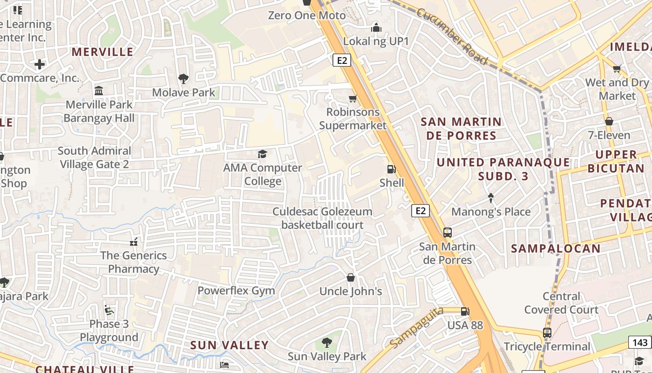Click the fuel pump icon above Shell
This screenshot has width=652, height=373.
point(392,169)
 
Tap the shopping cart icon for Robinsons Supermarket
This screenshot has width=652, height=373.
point(353,98)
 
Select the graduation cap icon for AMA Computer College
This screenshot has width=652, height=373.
point(263,154)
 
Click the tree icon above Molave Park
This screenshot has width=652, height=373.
point(183,78)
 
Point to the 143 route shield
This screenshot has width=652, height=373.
point(640,343)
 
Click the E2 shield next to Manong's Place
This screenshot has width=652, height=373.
point(420,211)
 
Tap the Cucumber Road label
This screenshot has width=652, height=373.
point(451,36)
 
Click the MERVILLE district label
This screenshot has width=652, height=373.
point(102,52)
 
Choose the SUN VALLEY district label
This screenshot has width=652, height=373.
point(230,345)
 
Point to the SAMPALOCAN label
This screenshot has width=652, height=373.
point(556,249)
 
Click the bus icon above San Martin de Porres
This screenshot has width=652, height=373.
point(447,232)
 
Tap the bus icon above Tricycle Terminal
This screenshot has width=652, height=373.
point(547,333)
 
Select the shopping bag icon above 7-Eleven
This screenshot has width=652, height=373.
point(609,122)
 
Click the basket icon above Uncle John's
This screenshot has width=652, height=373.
point(351,277)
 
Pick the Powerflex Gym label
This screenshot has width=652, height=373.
point(236,290)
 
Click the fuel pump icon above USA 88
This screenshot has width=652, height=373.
point(464,311)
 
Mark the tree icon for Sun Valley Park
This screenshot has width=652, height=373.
point(327,343)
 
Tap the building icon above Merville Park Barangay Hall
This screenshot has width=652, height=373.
point(99,90)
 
